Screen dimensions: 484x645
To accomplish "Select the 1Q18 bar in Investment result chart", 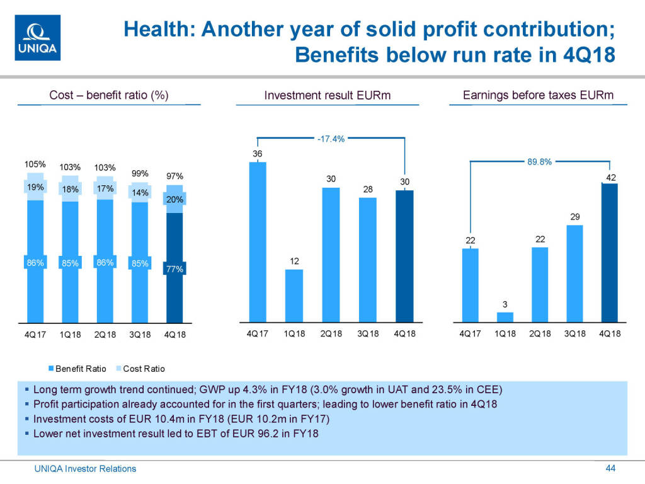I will pos(294,296).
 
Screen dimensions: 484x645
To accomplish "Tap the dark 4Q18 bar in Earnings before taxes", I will pos(610,252).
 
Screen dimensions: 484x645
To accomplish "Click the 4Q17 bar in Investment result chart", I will pos(258,242).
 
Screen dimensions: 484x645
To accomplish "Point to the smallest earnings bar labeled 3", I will pos(505,316).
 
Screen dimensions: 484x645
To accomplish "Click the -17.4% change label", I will pos(330,139).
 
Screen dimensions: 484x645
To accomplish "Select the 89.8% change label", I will pos(539,162).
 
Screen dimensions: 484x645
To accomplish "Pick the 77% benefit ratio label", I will pos(174,269).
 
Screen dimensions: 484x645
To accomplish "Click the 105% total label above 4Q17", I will pos(36,164).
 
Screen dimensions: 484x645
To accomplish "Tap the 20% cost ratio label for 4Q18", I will pos(174,200).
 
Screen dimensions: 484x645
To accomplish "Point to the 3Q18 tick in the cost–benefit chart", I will pos(139,334).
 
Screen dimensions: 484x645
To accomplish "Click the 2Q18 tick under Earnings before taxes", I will pos(540,333).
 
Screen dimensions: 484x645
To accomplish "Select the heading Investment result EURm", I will pos(328,96).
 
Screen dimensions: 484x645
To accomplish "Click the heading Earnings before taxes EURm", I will pos(538,95).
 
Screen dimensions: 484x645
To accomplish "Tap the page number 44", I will pos(610,468).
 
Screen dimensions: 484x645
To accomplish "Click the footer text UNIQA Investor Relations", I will pos(84,468).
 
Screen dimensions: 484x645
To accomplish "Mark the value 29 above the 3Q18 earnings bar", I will pos(574,217).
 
